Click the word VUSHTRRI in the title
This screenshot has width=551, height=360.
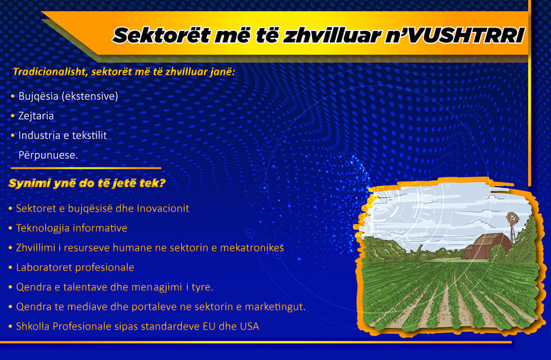467,36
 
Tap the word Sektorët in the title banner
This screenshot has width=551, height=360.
161,36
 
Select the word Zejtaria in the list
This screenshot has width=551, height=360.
36,116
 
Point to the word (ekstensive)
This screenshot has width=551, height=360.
90,96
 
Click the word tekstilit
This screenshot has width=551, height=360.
90,136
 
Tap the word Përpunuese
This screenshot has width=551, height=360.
48,155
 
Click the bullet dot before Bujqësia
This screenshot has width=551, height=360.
13,96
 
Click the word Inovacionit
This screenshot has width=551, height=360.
162,208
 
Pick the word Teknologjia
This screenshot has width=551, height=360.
43,229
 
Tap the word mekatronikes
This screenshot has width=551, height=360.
251,248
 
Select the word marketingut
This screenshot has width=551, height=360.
275,307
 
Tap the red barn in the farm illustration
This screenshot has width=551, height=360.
487,246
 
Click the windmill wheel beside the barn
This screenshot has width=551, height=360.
513,218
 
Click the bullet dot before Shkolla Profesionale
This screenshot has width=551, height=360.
10,327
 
